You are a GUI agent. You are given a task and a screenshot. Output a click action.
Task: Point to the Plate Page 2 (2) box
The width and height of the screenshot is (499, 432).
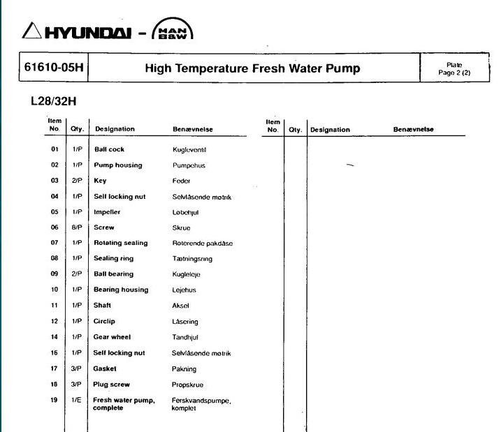454,69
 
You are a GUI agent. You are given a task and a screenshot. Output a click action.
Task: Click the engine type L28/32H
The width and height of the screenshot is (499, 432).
53,102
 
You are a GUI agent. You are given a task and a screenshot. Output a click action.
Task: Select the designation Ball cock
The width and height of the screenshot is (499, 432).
109,149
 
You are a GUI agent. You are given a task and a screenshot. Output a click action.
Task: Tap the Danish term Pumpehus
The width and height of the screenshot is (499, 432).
189,165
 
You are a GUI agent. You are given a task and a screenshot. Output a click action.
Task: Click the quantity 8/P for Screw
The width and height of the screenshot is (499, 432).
76,228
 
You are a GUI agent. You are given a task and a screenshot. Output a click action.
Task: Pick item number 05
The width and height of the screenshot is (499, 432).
54,212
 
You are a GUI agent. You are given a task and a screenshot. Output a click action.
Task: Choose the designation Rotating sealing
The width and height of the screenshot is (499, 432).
120,243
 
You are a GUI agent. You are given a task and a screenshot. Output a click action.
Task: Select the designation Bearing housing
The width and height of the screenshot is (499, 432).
121,290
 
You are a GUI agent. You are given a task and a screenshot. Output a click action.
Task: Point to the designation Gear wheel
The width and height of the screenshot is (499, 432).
113,337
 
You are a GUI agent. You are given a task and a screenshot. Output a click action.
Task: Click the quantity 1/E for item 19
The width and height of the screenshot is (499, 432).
76,400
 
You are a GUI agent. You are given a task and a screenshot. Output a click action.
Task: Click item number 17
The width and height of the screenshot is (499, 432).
54,368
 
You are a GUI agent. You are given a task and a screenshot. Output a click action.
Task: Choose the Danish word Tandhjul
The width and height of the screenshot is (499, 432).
185,337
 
